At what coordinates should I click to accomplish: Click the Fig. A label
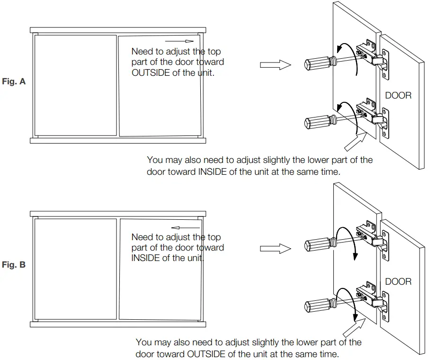14,81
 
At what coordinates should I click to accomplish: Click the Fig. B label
14,265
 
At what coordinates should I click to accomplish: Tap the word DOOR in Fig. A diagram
398,96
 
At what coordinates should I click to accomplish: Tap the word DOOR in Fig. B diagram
398,281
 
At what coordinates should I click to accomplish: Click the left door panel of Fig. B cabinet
75,269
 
